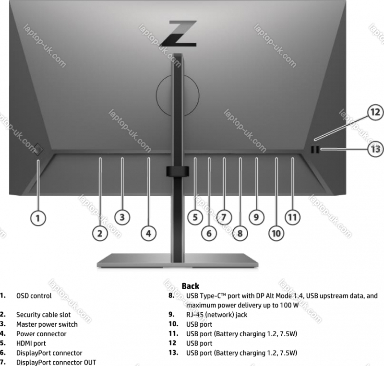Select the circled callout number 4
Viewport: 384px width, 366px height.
148,234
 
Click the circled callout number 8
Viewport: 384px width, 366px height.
240,234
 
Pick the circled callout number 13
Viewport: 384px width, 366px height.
375,149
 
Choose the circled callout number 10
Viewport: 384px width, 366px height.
276,234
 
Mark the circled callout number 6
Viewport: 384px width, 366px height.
209,234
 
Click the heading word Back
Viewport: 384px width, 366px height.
191,286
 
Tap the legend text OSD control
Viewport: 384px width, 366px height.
34,296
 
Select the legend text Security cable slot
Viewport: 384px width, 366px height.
43,315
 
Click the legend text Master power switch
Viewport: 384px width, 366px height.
47,324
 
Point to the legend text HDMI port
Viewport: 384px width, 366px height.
31,343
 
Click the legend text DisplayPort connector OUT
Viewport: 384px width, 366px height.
56,362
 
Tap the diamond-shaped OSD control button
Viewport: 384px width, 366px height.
39,148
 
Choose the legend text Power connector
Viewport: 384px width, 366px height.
41,334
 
